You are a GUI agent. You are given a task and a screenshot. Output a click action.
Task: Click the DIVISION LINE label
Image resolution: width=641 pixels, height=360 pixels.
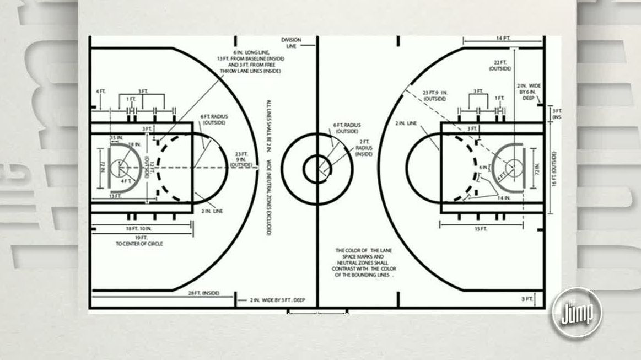coord(291,43)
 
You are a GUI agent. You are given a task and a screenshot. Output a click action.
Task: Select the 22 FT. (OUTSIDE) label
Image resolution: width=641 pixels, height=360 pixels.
coord(500,65)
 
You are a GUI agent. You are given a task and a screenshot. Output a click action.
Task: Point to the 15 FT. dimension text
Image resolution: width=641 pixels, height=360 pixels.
coord(480,229)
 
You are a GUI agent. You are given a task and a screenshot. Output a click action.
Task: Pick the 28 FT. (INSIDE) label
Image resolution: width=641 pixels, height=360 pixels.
coord(203,293)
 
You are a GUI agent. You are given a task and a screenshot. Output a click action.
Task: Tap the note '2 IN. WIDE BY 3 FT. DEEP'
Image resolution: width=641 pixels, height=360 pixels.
coord(277,300)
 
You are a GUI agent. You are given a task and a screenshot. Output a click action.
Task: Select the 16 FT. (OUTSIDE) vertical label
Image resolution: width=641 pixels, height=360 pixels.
coord(553,168)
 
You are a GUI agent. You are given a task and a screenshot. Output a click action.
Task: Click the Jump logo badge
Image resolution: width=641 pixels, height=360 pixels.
coord(577,313)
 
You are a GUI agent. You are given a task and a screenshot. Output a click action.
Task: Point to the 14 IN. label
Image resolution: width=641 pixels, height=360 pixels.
coord(504,197)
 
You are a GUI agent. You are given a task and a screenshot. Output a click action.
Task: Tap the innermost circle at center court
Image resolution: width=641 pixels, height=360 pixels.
coord(316,168)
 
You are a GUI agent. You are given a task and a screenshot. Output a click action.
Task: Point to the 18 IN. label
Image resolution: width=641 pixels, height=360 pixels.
coord(135,144)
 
